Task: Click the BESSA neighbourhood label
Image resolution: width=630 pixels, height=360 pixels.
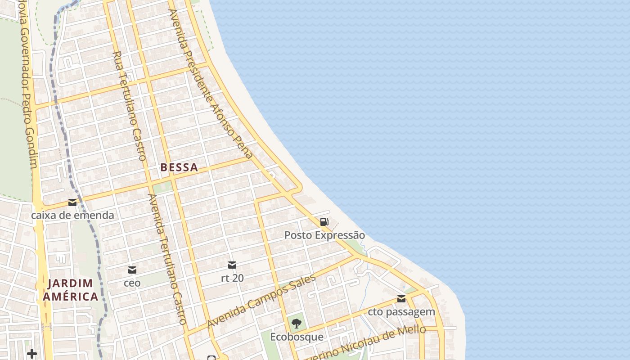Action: pos(179,167)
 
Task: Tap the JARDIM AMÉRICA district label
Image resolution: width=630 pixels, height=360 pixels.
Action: pos(70,290)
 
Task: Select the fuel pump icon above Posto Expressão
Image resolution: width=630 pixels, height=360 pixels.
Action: pos(324,221)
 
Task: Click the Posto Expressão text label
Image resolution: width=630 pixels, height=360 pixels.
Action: pos(324,235)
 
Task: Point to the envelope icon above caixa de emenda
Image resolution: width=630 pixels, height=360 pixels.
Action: pos(72,202)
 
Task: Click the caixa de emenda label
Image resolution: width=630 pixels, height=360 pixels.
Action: pos(72,215)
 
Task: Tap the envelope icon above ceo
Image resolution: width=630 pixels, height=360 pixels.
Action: pos(132,270)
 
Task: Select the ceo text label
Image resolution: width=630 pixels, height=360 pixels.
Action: pos(132,283)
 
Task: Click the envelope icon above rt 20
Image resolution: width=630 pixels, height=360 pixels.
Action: pos(232,265)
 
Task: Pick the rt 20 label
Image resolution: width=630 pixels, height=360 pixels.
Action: pos(232,278)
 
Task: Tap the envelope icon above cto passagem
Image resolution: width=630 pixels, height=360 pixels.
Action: pos(401,299)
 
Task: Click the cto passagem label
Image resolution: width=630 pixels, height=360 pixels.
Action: pos(401,312)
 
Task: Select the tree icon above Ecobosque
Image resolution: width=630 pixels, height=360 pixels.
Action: pos(296,323)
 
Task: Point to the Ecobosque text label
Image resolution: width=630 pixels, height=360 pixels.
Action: pos(297,337)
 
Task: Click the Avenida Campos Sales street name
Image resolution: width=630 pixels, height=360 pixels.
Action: pos(261,301)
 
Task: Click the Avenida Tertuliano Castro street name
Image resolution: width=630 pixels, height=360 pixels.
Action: pos(167,259)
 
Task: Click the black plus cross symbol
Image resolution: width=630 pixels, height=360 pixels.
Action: pos(32,354)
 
